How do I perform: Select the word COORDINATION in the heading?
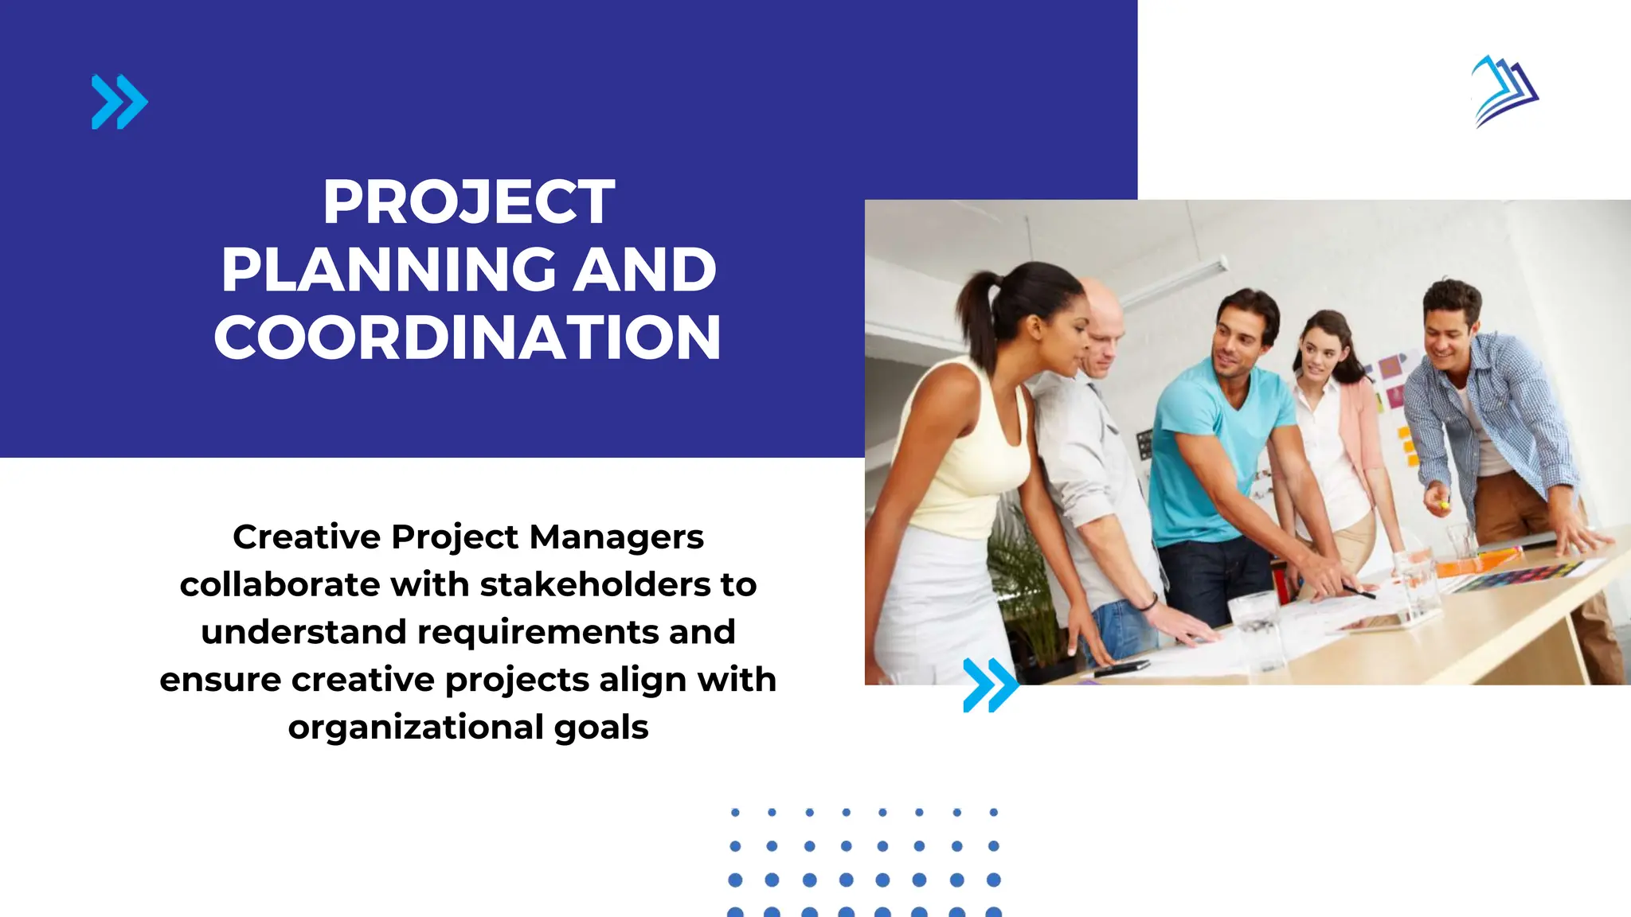tap(467, 338)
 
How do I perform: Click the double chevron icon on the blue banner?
tap(119, 102)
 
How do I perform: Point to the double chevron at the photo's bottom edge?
tap(990, 685)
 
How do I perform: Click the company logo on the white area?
tap(1504, 91)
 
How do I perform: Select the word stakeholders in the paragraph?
tap(595, 585)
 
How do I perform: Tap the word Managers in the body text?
tap(616, 537)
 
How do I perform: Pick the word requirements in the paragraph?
tap(538, 632)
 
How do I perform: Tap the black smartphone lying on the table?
tap(1121, 669)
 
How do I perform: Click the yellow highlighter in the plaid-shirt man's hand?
tap(1444, 504)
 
